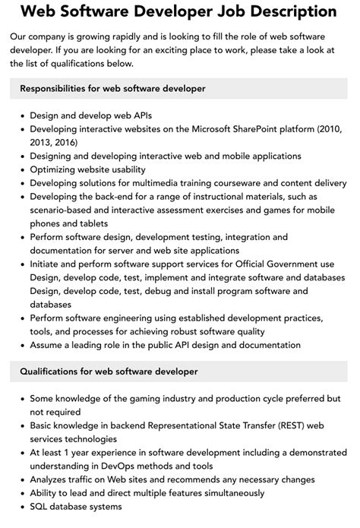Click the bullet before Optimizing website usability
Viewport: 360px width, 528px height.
[21, 169]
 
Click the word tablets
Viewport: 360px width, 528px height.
[87, 223]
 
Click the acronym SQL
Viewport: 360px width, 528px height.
[39, 507]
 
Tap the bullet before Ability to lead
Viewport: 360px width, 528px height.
[21, 493]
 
